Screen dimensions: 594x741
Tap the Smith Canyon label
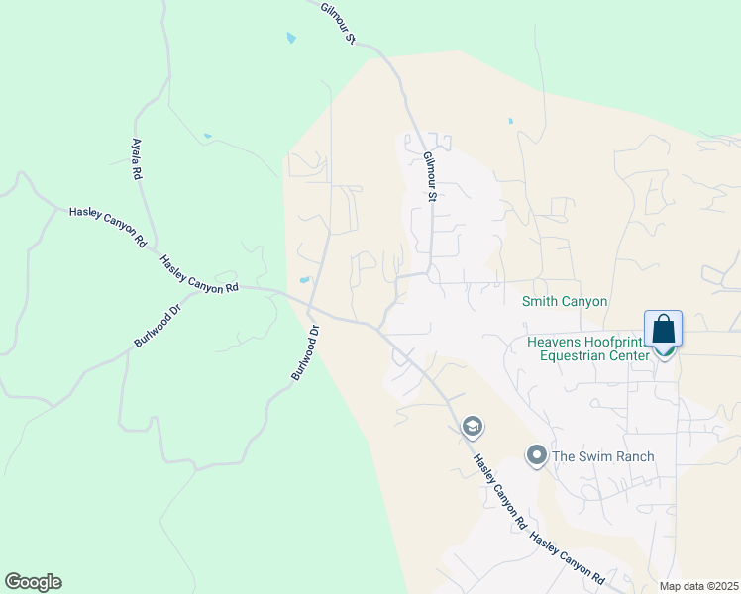pyautogui.click(x=565, y=301)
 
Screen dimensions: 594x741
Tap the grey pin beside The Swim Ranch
pyautogui.click(x=537, y=455)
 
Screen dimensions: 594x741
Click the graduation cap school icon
pyautogui.click(x=473, y=427)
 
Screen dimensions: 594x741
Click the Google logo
pyautogui.click(x=33, y=582)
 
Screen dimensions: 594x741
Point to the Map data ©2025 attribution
pyautogui.click(x=698, y=586)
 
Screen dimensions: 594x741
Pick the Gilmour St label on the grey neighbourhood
pyautogui.click(x=430, y=176)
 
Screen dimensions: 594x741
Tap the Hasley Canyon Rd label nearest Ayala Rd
pyautogui.click(x=107, y=227)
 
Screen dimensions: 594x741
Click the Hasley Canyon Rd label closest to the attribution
pyautogui.click(x=567, y=556)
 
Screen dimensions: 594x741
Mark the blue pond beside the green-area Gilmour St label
pyautogui.click(x=290, y=38)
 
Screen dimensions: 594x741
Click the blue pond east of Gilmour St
pyautogui.click(x=510, y=121)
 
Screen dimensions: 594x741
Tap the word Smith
pyautogui.click(x=542, y=301)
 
